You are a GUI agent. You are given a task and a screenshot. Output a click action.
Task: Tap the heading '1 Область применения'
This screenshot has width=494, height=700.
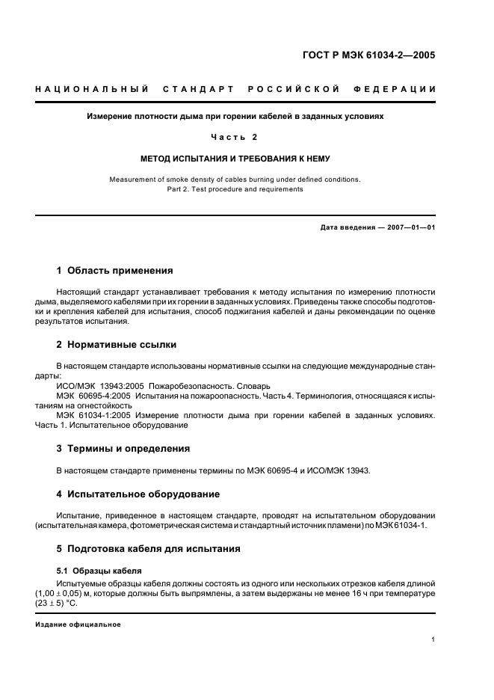click(115, 270)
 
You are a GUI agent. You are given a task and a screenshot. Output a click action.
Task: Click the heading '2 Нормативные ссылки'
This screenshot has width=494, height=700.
click(117, 345)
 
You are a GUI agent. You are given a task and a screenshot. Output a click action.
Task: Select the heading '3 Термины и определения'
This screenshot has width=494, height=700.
click(123, 449)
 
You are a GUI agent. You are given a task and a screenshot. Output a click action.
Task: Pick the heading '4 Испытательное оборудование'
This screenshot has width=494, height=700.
click(138, 494)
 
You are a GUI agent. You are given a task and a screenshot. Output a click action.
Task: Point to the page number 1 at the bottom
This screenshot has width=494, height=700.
click(433, 640)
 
